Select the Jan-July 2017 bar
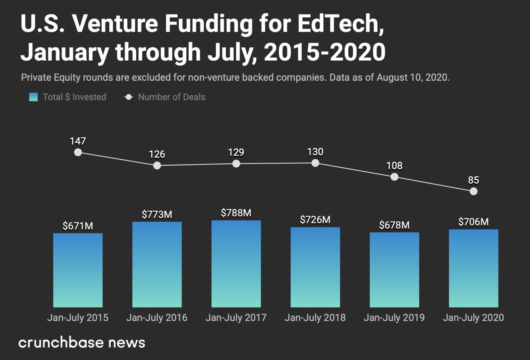pos(236,264)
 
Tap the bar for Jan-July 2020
pos(473,268)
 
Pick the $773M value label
pos(157,214)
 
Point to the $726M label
pos(315,220)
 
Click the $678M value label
pos(394,225)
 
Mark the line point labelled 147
pos(78,152)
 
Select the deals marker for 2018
pos(315,163)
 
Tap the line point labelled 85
pos(473,191)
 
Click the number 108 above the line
pos(394,166)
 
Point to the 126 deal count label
pos(157,154)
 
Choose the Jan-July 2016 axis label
pos(157,318)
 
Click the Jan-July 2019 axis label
pos(394,318)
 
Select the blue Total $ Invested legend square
pos(33,97)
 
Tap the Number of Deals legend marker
pos(129,97)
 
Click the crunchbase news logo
pos(82,342)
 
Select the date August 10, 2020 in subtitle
pos(413,77)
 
